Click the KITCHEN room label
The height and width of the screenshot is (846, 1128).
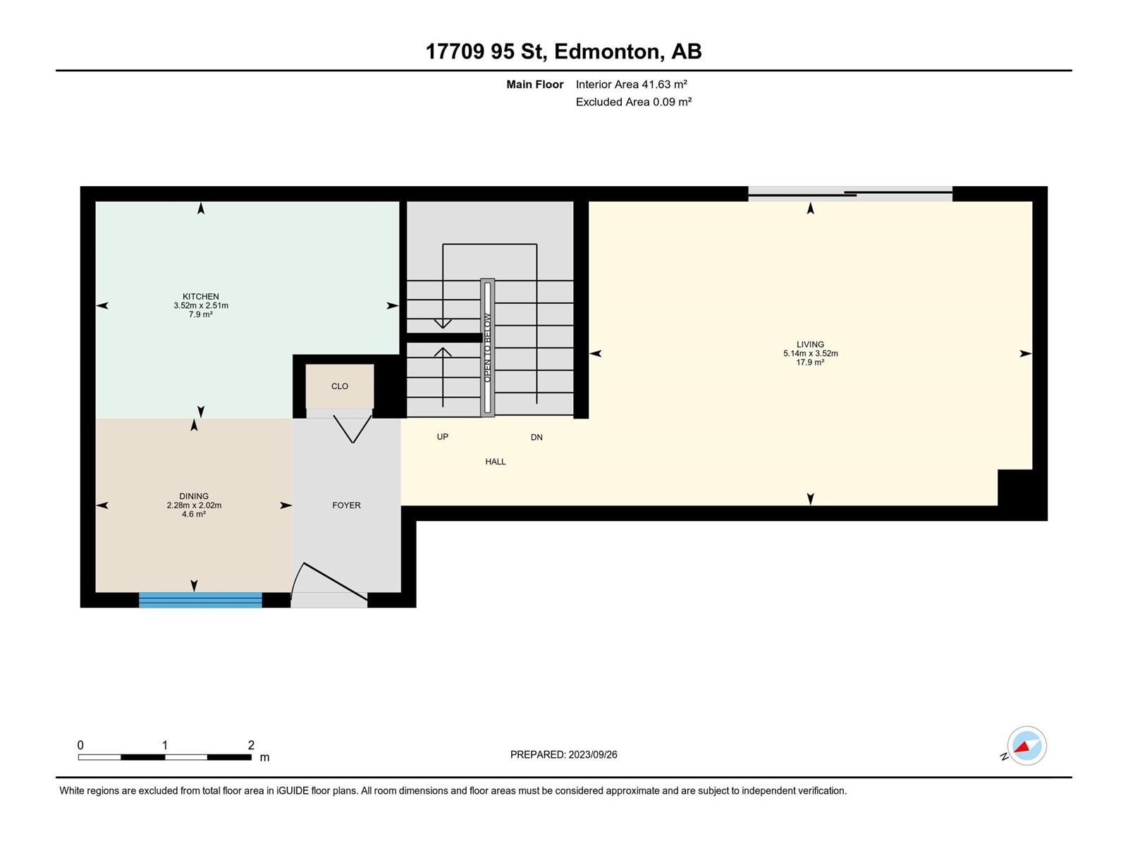coord(200,296)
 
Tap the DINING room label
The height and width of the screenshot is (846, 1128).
coord(194,496)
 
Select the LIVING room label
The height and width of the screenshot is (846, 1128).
coord(810,345)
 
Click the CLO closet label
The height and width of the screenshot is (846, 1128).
coord(340,386)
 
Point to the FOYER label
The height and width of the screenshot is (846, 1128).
coord(346,505)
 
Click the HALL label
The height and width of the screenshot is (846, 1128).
coord(496,462)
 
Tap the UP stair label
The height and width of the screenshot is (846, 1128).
coord(443,437)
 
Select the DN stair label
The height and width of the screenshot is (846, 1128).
coord(537,438)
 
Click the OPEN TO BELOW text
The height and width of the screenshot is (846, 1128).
coord(488,348)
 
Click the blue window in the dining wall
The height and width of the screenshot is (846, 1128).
coord(200,600)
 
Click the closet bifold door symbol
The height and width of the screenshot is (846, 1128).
coord(352,429)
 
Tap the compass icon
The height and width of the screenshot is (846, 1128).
coord(1026,746)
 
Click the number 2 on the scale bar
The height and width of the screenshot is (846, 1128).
coord(251,744)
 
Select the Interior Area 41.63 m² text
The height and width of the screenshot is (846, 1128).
coord(631,84)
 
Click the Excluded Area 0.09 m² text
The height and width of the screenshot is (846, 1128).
coord(633,102)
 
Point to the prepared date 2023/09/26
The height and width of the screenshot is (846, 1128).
coord(592,754)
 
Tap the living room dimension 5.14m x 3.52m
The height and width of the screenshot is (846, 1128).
coord(811,353)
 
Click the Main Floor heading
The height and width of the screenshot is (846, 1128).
coord(534,84)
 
